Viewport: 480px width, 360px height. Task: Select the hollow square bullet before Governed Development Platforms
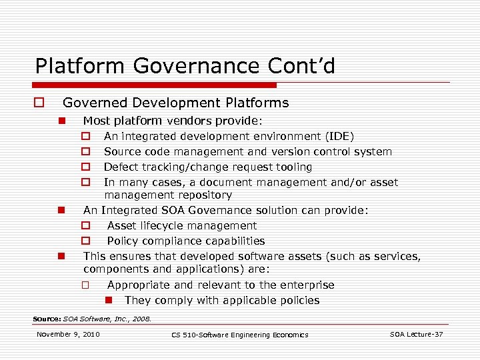40,103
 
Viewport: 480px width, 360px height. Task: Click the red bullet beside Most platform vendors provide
61,121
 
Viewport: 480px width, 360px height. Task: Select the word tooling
291,167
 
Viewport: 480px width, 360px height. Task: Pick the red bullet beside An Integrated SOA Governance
61,211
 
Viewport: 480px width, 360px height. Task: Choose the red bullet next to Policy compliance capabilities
86,241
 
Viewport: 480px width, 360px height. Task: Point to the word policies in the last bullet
297,301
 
